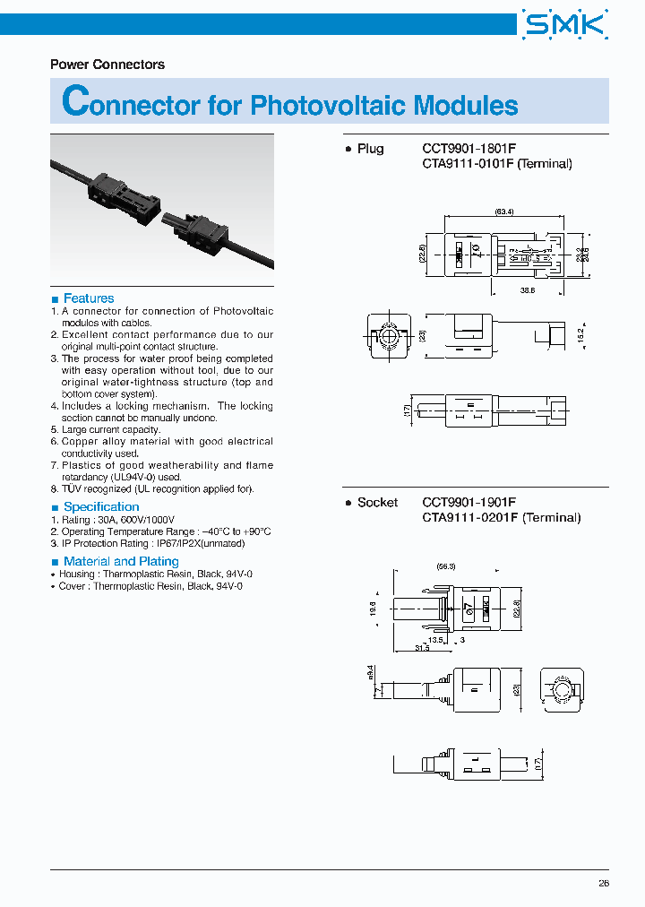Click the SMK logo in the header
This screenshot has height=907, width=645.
tap(565, 24)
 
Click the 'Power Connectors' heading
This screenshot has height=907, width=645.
tap(107, 65)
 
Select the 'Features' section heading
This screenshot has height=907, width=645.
tap(89, 298)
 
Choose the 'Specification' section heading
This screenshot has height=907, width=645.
tap(101, 507)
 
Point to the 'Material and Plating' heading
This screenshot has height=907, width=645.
tap(121, 562)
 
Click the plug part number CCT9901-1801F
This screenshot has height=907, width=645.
tap(469, 149)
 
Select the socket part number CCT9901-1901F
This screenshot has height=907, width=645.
tap(469, 503)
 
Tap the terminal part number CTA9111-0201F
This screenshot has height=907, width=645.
tap(471, 517)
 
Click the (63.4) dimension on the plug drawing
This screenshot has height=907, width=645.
tap(503, 212)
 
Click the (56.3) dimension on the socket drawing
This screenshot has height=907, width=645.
tap(446, 566)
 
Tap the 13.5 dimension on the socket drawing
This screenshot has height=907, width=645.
tap(436, 640)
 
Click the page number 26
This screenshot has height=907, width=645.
tap(603, 883)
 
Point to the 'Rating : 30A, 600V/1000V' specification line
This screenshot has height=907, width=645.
tap(118, 520)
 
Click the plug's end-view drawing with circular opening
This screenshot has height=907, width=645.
tap(390, 336)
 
